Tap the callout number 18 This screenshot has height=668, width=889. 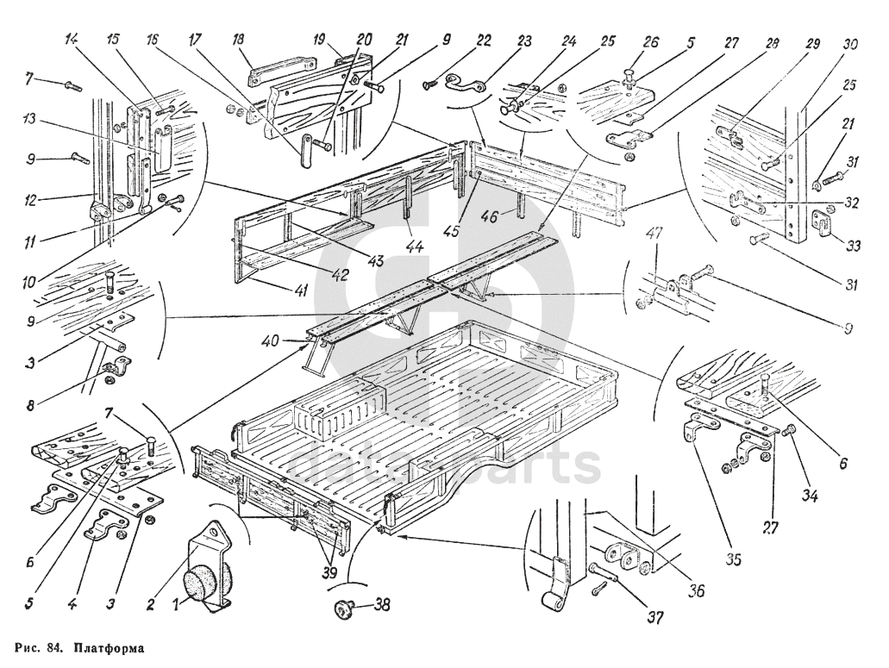tap(239, 40)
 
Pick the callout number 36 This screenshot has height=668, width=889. tap(695, 590)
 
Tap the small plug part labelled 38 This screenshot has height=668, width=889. tap(347, 609)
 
